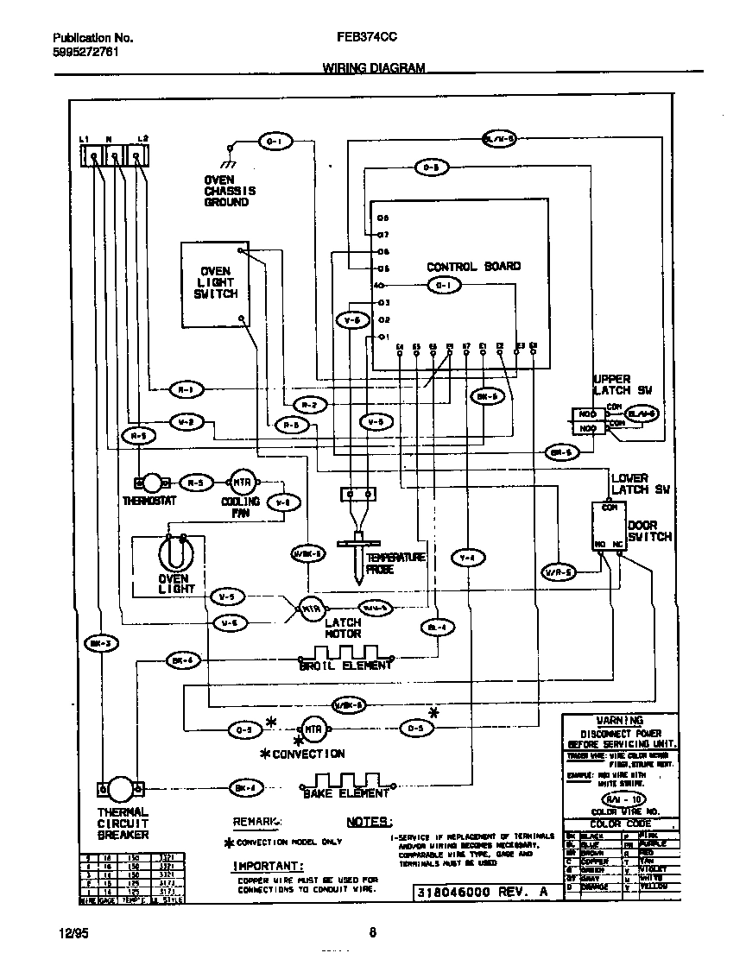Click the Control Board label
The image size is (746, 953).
[473, 267]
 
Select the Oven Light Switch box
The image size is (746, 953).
[215, 284]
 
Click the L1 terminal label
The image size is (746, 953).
[83, 138]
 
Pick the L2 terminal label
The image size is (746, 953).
[142, 138]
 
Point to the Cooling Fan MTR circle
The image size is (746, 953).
[238, 483]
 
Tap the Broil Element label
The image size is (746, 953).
[345, 666]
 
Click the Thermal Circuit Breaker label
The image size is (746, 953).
[122, 824]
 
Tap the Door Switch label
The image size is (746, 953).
[648, 530]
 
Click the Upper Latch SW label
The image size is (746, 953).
[623, 385]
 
